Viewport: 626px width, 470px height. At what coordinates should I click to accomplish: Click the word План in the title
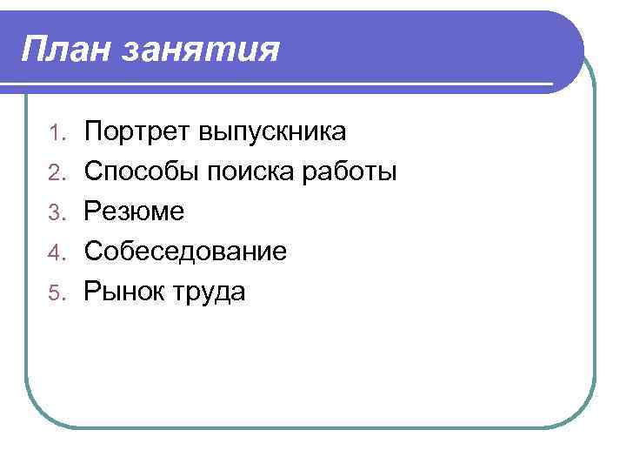[66, 50]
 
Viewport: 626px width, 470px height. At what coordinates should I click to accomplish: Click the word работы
[350, 173]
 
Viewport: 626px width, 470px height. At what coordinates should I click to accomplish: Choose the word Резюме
[134, 213]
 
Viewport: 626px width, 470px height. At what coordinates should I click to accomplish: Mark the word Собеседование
[185, 252]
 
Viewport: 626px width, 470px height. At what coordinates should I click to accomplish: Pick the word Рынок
[124, 292]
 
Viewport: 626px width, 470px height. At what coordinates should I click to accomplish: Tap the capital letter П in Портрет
[92, 132]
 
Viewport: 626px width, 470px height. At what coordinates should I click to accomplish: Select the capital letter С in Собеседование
[92, 252]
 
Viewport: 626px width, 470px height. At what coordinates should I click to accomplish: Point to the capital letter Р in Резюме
[91, 212]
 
